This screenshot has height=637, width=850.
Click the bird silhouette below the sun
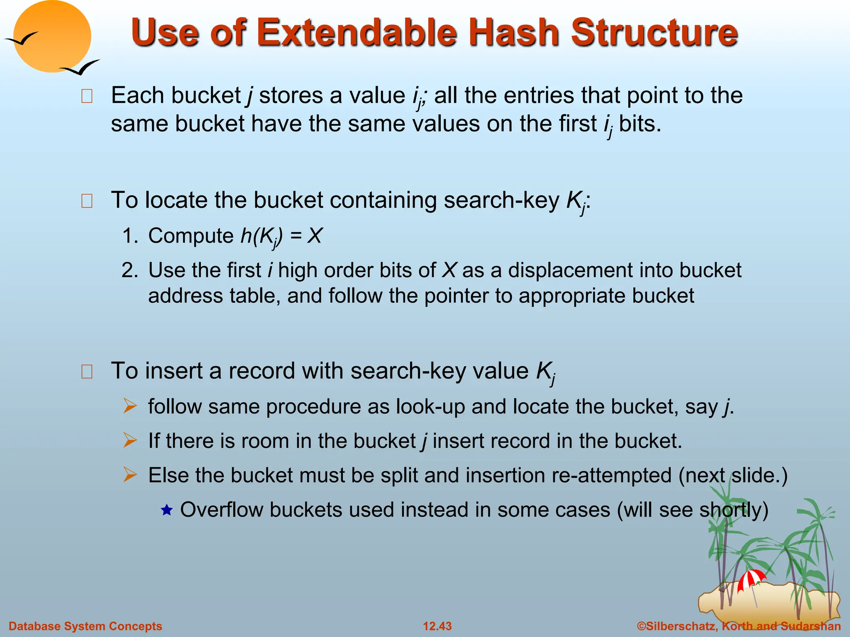point(81,68)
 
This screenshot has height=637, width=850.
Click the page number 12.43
point(437,626)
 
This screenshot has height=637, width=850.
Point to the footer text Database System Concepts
point(85,626)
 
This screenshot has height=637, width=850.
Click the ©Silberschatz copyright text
point(739,626)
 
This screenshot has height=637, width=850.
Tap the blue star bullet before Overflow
point(166,510)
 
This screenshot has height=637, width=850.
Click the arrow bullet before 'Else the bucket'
point(130,475)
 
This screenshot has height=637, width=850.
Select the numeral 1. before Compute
point(130,236)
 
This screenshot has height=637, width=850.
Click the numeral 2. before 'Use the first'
point(130,270)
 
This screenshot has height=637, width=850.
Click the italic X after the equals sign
point(315,236)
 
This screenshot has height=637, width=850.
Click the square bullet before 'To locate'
point(87,201)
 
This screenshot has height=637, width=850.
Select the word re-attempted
point(611,475)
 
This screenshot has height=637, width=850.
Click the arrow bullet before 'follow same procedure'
point(130,406)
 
